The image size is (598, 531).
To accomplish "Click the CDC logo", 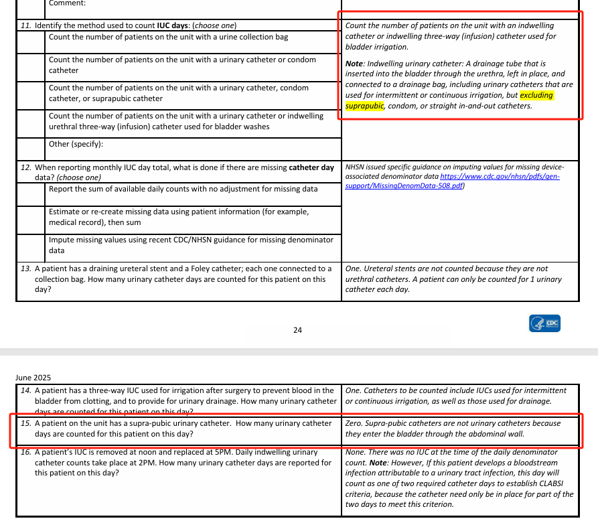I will point(544,323).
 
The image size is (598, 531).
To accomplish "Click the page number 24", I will point(297,330).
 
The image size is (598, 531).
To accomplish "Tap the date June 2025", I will point(33,378).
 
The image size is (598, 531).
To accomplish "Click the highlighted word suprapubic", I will point(364,106).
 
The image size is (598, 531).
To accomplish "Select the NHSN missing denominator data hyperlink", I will point(452,181).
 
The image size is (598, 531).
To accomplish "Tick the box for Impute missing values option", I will point(31,244).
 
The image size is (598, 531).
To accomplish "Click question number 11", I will point(26,25).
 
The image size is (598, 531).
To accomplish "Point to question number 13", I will point(26,269).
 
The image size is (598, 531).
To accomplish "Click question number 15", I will point(26,423).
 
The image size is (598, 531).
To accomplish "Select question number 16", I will point(26,453).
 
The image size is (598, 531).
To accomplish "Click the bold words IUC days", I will point(173,25).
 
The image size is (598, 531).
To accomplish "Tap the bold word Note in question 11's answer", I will point(354,63).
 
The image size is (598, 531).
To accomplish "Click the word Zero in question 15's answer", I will point(354,423).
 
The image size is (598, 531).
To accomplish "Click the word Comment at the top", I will point(67,3).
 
